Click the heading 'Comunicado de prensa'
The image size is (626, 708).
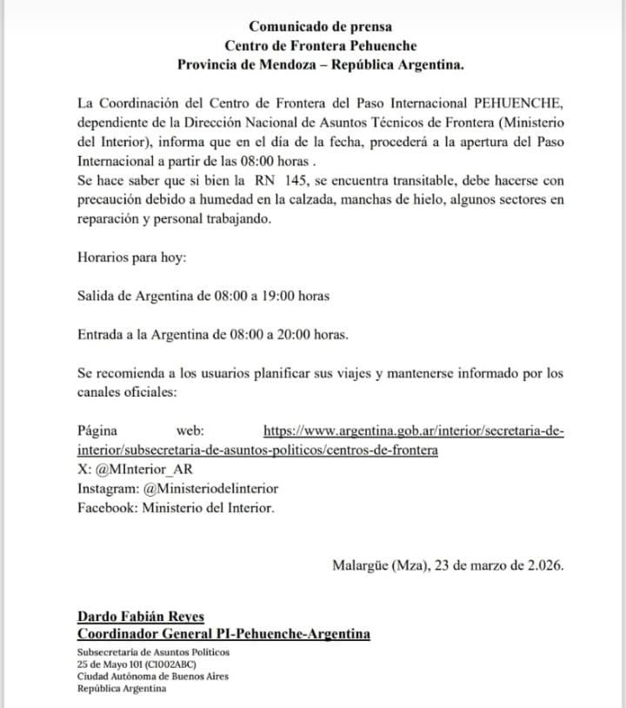coord(320,27)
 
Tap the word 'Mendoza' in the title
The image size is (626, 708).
coord(280,63)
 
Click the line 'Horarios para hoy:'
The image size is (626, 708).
coord(130,257)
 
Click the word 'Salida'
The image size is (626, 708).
coord(96,296)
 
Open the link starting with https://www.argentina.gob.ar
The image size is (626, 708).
coord(413,431)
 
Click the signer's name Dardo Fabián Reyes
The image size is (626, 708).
coord(140,616)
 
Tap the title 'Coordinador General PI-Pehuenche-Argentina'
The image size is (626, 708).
coord(223,634)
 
